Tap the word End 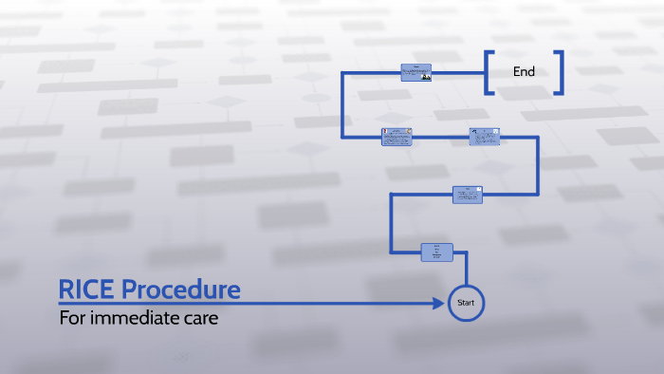[x=524, y=71]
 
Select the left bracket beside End [x=489, y=72]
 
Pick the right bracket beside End [x=560, y=72]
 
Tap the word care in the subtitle [x=200, y=318]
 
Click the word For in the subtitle [x=72, y=318]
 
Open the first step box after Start [x=436, y=252]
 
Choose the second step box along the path [x=467, y=194]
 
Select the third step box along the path [x=484, y=137]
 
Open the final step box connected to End [x=415, y=72]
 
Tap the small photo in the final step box [x=426, y=77]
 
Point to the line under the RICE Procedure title [x=237, y=303]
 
